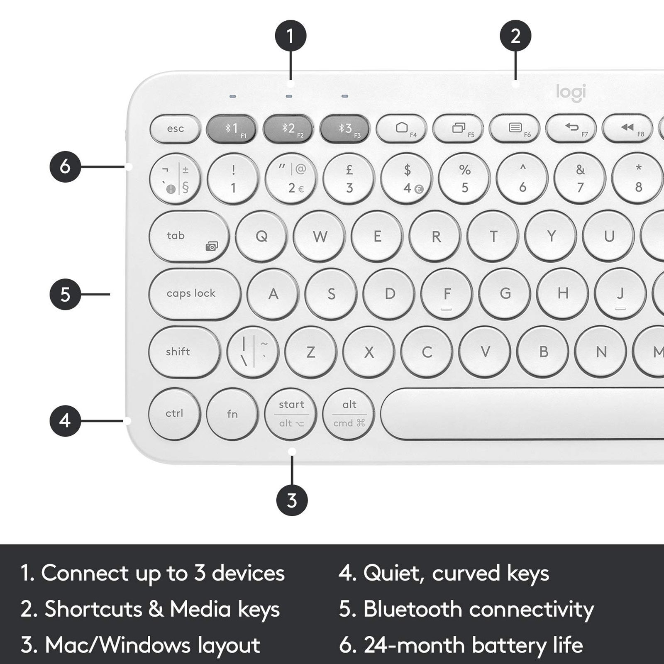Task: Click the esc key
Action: pyautogui.click(x=175, y=129)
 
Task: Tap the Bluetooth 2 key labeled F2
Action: pyautogui.click(x=288, y=129)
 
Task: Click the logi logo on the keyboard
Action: pyautogui.click(x=571, y=93)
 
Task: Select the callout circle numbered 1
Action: pyautogui.click(x=290, y=36)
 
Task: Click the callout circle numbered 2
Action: pyautogui.click(x=515, y=36)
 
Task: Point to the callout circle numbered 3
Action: pyautogui.click(x=292, y=500)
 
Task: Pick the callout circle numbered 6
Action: pyautogui.click(x=65, y=167)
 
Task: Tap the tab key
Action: pyautogui.click(x=189, y=237)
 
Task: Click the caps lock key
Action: pyautogui.click(x=194, y=294)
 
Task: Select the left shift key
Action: pyautogui.click(x=184, y=352)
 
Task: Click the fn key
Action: pyautogui.click(x=232, y=414)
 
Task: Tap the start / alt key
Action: pyautogui.click(x=291, y=414)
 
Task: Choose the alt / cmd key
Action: pyautogui.click(x=349, y=414)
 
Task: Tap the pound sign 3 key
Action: pyautogui.click(x=349, y=178)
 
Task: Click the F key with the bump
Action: pyautogui.click(x=447, y=294)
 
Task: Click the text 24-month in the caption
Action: pyautogui.click(x=415, y=645)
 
